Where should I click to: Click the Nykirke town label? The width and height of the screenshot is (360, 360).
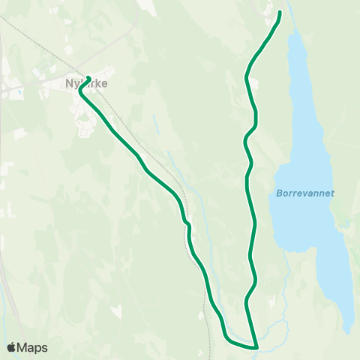pyautogui.click(x=85, y=84)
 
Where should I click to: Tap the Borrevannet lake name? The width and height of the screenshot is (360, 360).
pyautogui.click(x=305, y=193)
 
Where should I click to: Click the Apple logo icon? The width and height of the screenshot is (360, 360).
pyautogui.click(x=11, y=347)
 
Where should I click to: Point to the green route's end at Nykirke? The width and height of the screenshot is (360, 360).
pyautogui.click(x=88, y=78)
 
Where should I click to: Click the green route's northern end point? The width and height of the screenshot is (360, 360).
pyautogui.click(x=280, y=12)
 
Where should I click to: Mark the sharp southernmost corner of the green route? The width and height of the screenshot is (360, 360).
pyautogui.click(x=256, y=347)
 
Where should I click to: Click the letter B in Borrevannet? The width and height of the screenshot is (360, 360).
pyautogui.click(x=279, y=193)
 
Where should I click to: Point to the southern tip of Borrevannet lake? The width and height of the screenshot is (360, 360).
pyautogui.click(x=347, y=331)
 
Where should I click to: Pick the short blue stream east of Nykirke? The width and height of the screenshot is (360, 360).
pyautogui.click(x=155, y=124)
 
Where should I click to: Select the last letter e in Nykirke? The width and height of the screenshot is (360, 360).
pyautogui.click(x=103, y=84)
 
